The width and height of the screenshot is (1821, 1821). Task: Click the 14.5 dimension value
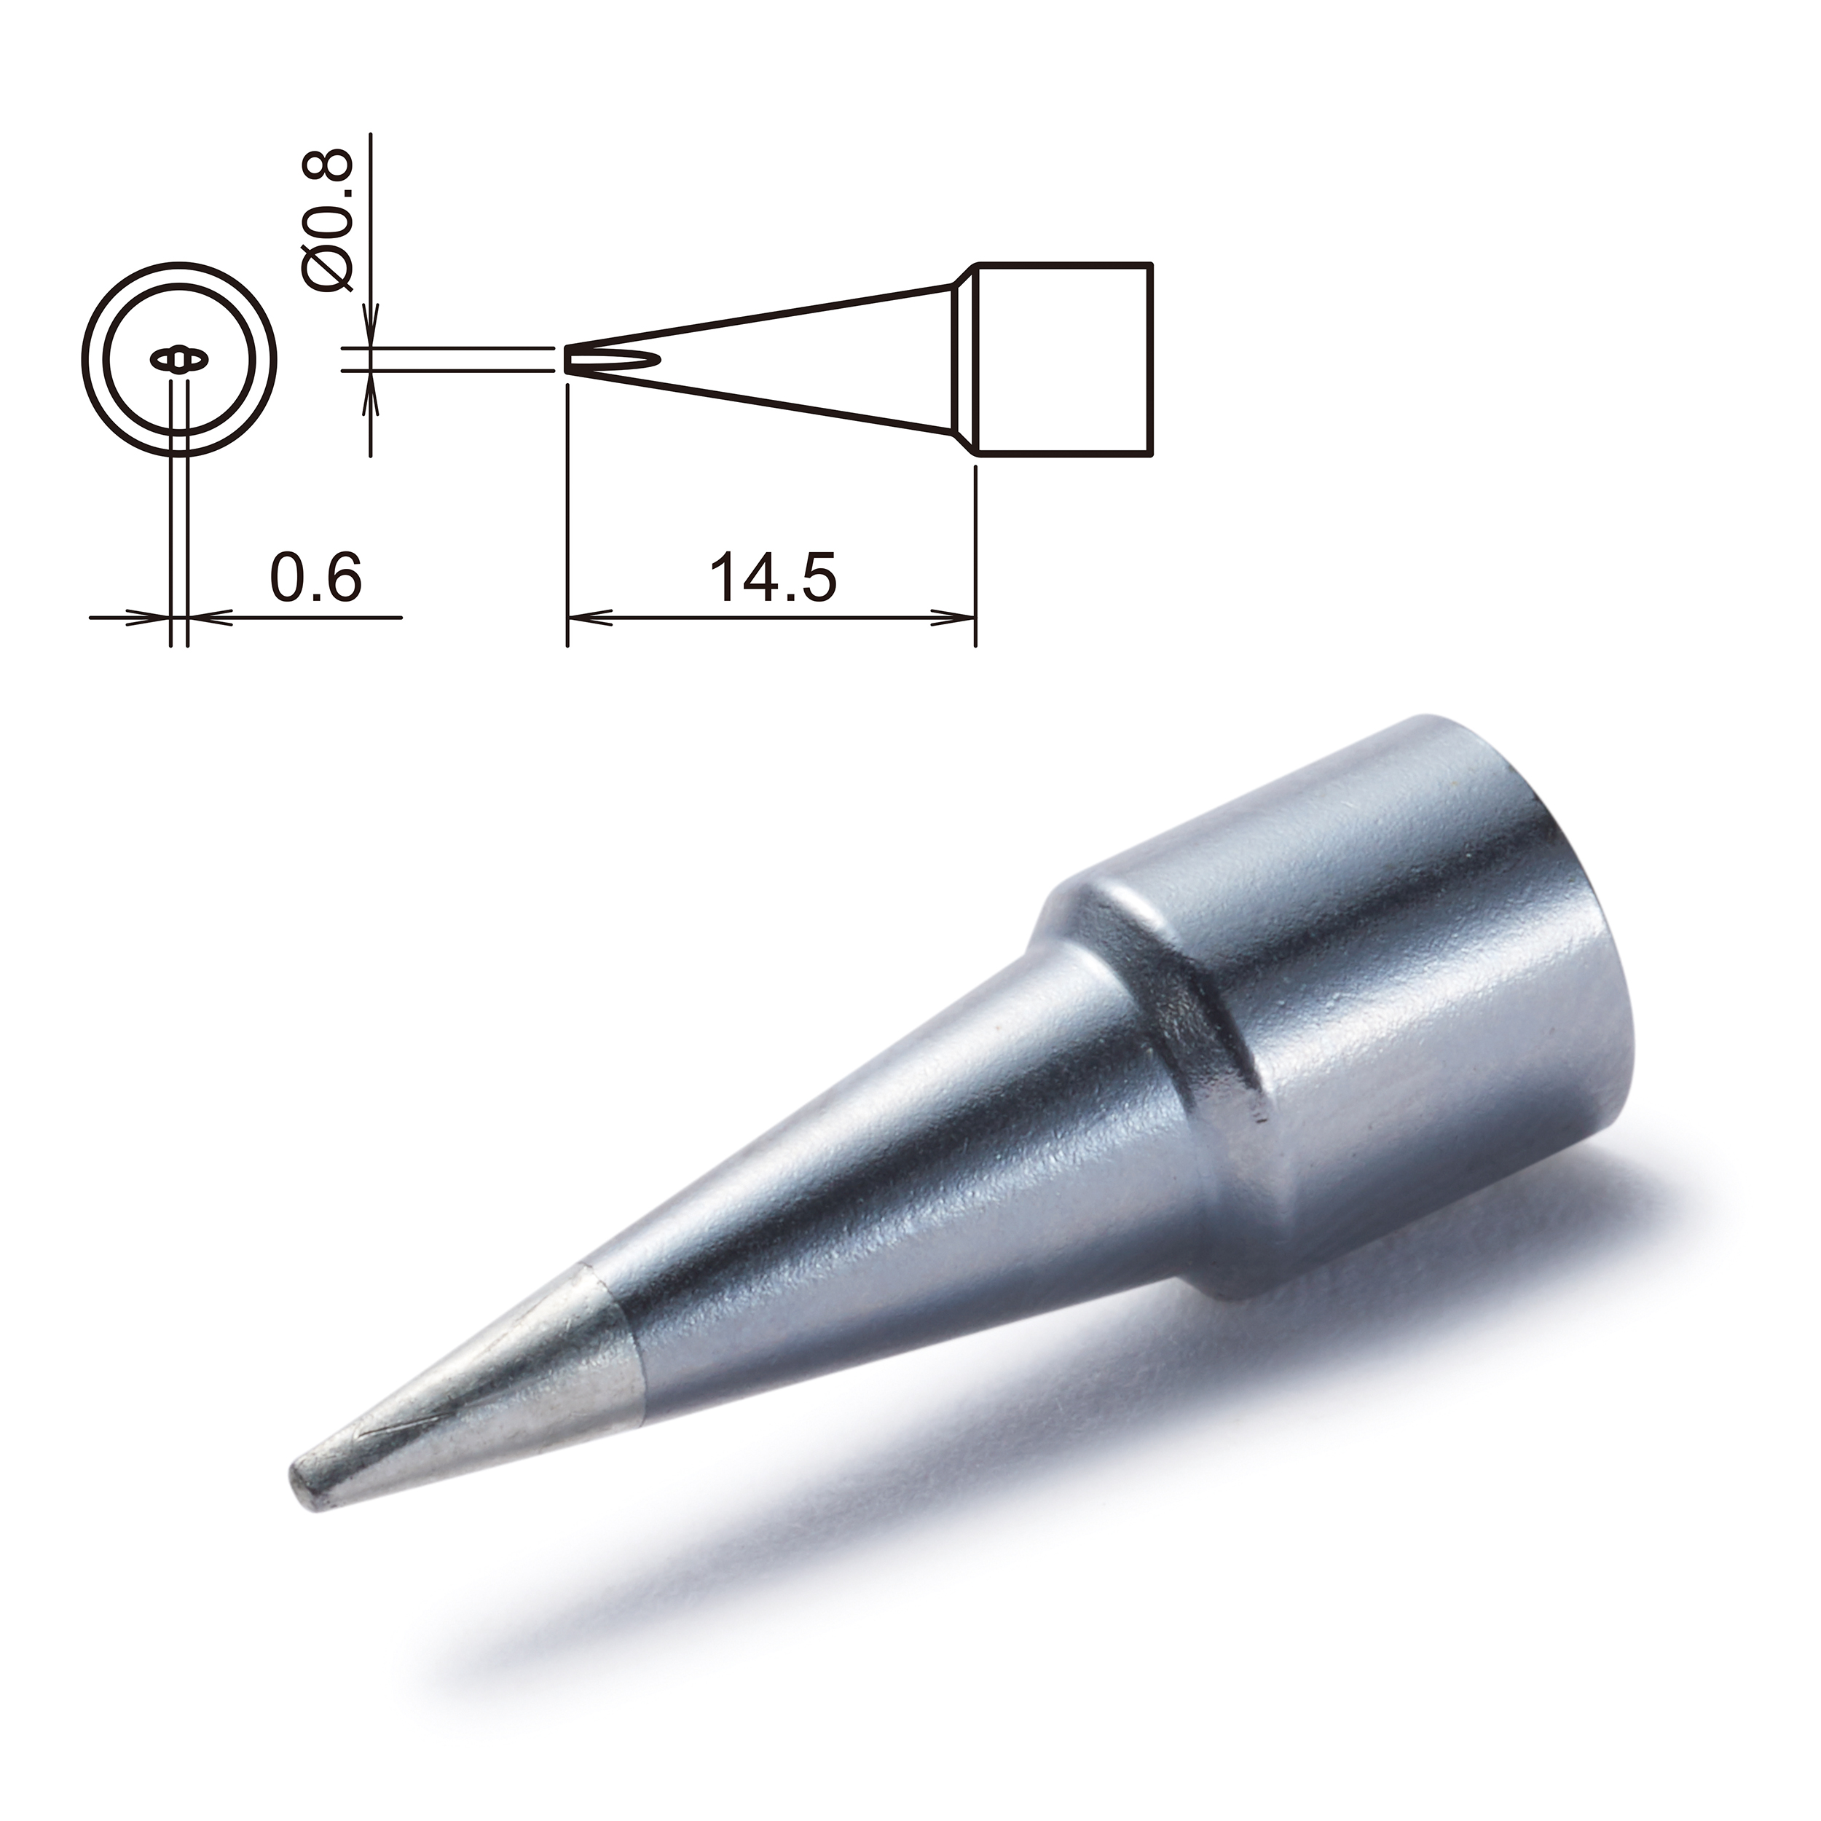coord(773,579)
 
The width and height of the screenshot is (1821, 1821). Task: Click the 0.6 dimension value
coord(315,579)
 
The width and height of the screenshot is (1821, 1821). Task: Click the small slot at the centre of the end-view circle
coord(178,360)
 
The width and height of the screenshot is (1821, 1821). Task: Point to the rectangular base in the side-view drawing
coord(1063,361)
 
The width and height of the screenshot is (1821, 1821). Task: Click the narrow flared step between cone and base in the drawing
coord(963,361)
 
